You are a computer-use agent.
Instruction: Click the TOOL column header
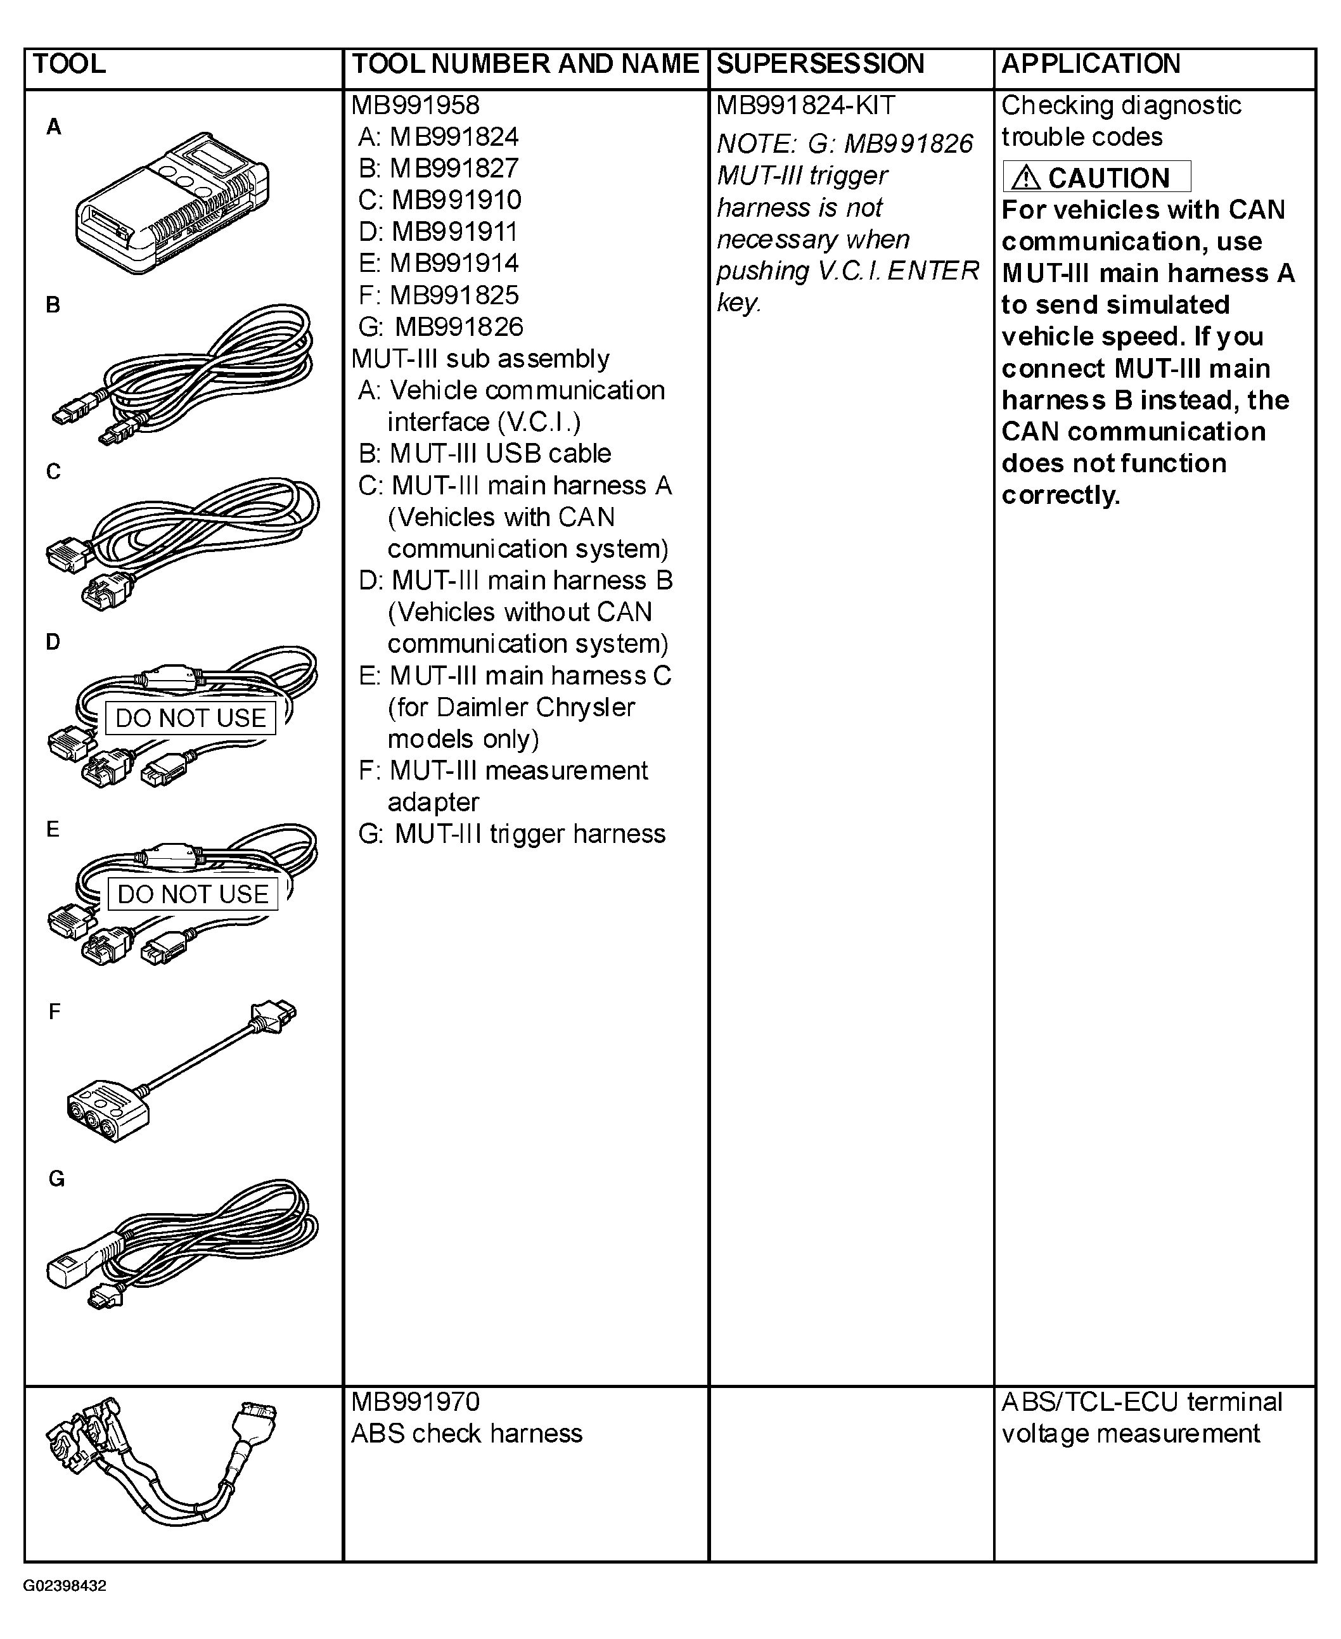[70, 64]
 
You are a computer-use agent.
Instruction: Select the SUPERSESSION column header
[819, 64]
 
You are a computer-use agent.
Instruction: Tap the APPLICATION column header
[1091, 64]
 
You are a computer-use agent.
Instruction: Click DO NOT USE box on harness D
[190, 718]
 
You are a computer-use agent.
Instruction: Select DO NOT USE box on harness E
[193, 894]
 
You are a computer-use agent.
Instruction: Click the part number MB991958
[415, 106]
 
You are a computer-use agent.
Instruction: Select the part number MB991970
[415, 1402]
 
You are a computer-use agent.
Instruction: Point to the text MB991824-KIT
[805, 106]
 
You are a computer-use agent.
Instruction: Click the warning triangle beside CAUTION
[1026, 177]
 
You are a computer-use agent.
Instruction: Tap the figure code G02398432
[65, 1586]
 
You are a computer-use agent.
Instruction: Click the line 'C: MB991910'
[440, 200]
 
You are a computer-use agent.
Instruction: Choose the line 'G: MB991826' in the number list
[440, 326]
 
